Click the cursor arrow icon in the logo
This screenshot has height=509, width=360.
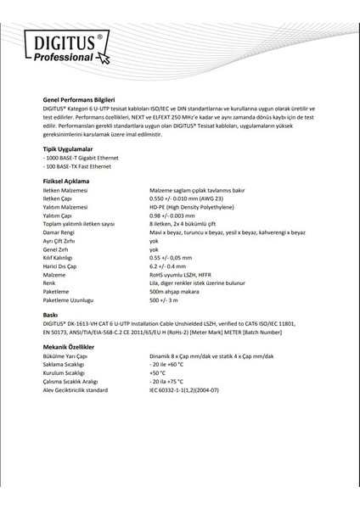coord(104,59)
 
